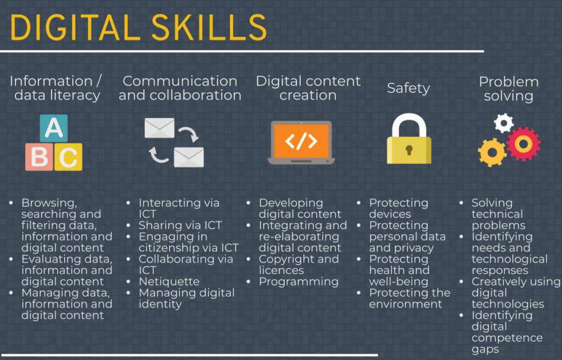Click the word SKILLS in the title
209,27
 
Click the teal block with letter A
54,128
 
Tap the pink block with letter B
40,157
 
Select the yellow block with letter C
69,157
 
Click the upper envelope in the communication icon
160,128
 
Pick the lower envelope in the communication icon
189,157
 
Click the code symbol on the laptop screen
301,141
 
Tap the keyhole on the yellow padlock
409,150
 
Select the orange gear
492,153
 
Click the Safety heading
408,88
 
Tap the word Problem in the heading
509,82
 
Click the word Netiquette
169,282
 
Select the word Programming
299,282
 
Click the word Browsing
49,203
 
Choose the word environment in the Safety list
406,304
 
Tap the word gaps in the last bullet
485,350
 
